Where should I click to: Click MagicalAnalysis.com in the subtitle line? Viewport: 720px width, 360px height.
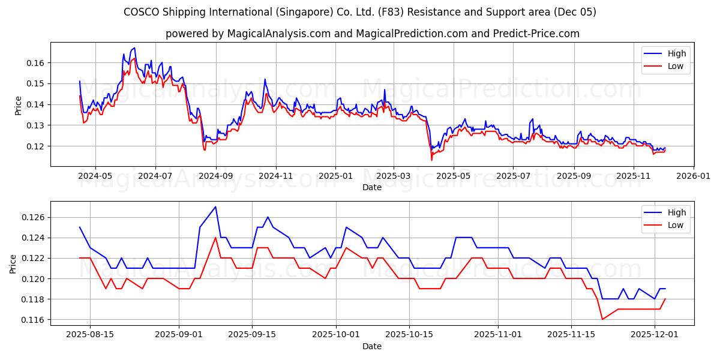pyautogui.click(x=278, y=34)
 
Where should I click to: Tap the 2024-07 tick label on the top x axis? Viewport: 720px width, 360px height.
pyautogui.click(x=155, y=176)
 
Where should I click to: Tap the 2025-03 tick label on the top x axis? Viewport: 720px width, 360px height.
pyautogui.click(x=394, y=176)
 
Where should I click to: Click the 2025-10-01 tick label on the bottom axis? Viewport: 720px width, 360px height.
pyautogui.click(x=337, y=335)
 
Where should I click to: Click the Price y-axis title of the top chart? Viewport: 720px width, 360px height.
pyautogui.click(x=18, y=105)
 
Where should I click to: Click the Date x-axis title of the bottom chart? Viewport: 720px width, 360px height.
pyautogui.click(x=372, y=346)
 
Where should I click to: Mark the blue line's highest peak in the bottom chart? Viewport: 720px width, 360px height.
pyautogui.click(x=215, y=207)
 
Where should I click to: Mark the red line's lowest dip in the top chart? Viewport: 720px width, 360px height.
pyautogui.click(x=431, y=160)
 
